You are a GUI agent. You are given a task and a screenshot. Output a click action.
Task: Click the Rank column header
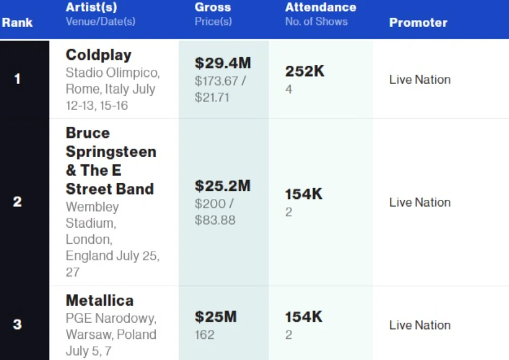tap(17, 23)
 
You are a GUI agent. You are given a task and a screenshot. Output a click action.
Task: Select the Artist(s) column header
tap(91, 8)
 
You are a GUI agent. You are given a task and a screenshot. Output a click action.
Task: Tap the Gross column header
tap(213, 8)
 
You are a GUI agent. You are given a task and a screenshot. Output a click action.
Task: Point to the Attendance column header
tap(321, 8)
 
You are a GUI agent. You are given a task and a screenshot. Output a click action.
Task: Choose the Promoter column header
tap(418, 23)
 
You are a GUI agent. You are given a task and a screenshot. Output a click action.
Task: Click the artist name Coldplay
tap(99, 55)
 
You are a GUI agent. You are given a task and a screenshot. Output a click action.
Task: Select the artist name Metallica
tap(100, 300)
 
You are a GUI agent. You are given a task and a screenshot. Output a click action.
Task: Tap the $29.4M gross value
tap(223, 63)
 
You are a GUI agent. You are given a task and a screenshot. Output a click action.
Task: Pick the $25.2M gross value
tap(222, 186)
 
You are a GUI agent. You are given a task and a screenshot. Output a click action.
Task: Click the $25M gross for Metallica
tap(215, 317)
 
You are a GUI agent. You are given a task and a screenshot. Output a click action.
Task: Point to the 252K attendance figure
tap(305, 72)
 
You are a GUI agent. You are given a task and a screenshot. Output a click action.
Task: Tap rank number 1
tap(17, 79)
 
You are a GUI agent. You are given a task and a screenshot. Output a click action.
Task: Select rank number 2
tap(17, 202)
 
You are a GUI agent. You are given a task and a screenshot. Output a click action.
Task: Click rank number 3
tap(17, 325)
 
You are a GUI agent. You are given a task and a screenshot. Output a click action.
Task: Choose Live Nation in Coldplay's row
tap(419, 80)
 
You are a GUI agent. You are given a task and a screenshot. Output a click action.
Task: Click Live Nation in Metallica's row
tap(419, 325)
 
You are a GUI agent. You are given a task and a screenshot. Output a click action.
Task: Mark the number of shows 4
tap(289, 89)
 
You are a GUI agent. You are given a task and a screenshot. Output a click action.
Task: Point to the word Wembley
tap(92, 207)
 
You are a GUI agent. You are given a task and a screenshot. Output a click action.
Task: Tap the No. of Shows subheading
tap(316, 22)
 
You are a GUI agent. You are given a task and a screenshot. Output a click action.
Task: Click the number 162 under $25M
tap(205, 335)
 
